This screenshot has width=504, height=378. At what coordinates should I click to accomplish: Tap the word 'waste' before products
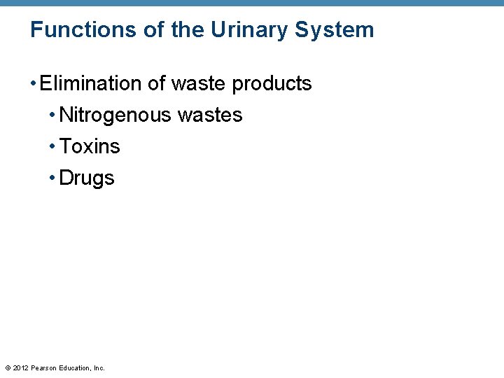[199, 83]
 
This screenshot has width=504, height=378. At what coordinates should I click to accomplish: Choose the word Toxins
[90, 146]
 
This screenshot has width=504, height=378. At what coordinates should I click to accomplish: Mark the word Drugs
[87, 178]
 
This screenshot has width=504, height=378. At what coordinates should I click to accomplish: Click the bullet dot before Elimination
[34, 84]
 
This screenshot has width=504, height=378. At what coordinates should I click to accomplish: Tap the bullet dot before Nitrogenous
[52, 115]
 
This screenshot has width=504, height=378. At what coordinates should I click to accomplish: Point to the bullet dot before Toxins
[52, 147]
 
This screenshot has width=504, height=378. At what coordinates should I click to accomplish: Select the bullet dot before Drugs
[52, 178]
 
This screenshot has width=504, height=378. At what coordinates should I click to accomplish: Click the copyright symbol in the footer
[8, 367]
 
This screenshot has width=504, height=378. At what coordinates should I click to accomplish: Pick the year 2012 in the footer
[21, 367]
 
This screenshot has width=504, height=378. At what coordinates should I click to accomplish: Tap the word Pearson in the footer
[43, 367]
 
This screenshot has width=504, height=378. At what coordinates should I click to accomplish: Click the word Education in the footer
[74, 367]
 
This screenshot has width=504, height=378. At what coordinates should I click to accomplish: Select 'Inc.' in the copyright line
[99, 367]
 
